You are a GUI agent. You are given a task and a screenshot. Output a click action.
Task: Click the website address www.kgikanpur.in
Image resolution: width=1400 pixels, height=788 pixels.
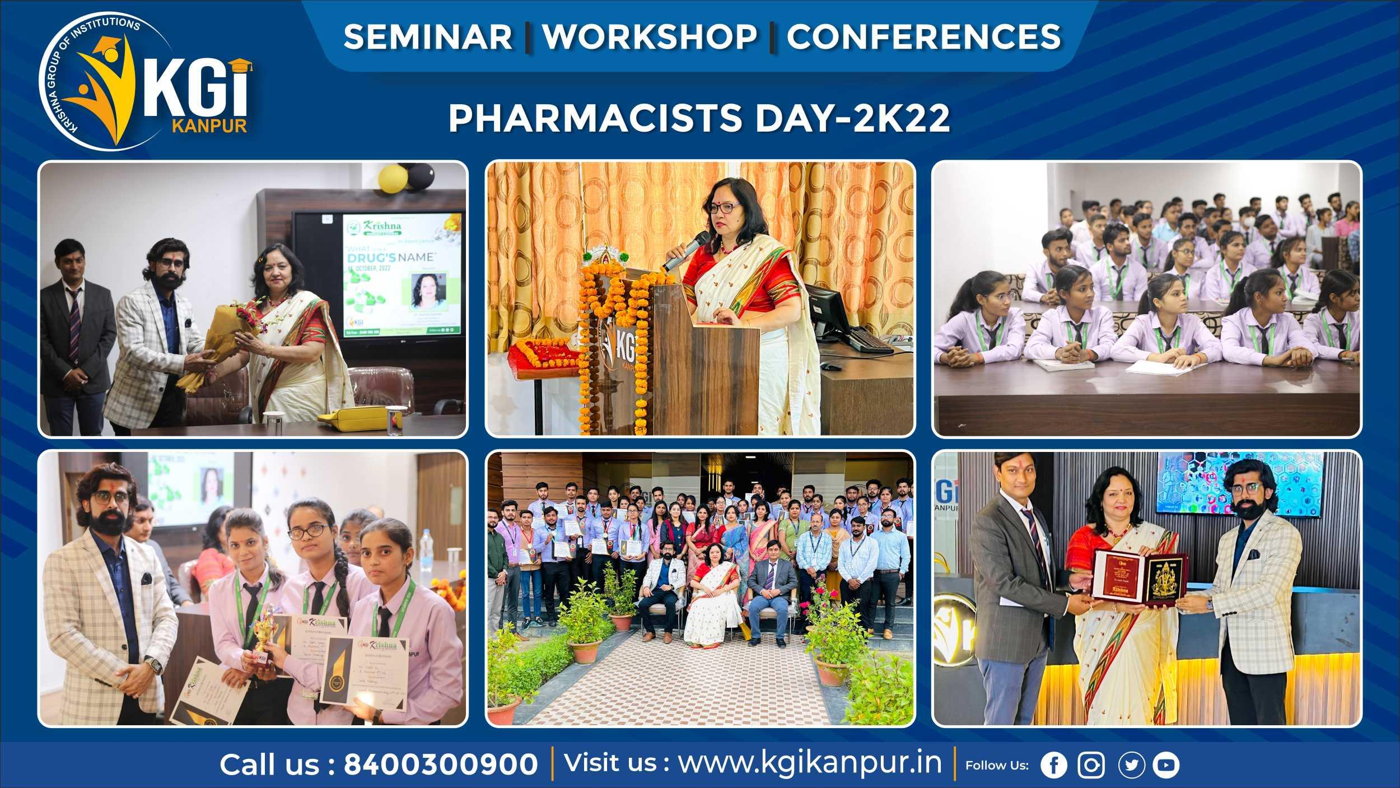click(810, 763)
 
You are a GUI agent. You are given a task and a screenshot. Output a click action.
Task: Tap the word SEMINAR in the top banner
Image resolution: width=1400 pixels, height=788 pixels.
click(428, 37)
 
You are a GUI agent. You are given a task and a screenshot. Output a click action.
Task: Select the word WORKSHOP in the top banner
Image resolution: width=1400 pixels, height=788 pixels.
click(650, 37)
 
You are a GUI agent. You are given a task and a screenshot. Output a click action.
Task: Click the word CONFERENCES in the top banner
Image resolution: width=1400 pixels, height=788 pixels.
click(923, 37)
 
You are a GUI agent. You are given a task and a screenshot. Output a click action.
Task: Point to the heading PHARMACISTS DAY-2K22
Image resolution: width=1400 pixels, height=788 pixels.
click(699, 119)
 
